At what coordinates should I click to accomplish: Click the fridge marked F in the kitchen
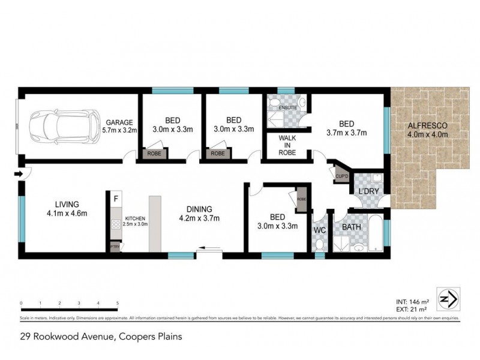tap(115, 197)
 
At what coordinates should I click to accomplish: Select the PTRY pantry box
tap(114, 247)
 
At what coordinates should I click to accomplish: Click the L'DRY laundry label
tap(367, 191)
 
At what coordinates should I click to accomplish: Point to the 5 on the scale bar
tap(117, 303)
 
